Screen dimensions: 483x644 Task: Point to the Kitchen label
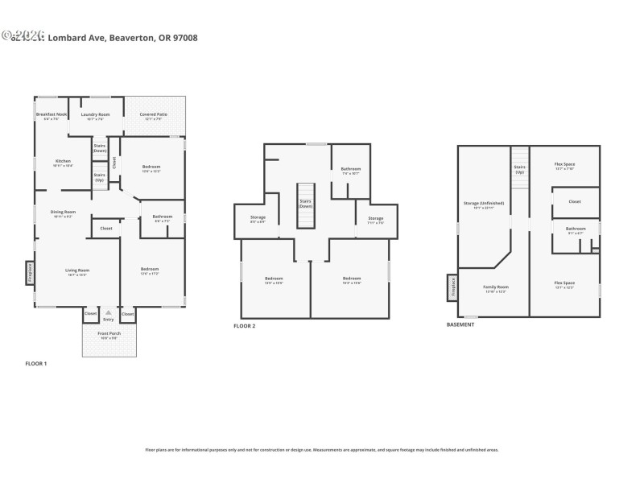63,162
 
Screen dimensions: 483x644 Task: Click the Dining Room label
64,213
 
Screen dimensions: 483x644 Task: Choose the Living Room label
77,271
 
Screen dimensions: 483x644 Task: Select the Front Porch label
109,334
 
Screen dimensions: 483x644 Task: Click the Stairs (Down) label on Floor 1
100,148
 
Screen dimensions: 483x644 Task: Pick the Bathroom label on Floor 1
163,217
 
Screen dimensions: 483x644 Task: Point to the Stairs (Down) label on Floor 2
305,204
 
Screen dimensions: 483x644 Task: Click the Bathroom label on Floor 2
351,170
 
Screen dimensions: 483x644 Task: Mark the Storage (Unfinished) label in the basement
483,205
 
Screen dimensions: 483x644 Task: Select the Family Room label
496,288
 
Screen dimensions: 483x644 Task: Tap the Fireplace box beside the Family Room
452,286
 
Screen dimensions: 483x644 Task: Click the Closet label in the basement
575,201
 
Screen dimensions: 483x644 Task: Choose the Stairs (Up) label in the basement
520,170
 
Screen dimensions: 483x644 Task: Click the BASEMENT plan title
460,324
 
